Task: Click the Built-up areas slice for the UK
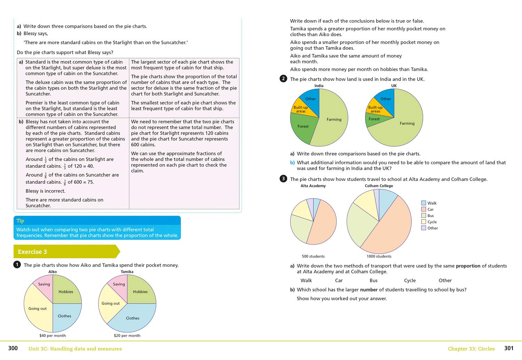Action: coord(375,109)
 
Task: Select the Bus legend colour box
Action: coord(424,216)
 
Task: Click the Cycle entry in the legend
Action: coord(432,222)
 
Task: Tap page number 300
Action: coord(13,348)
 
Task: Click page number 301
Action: coord(509,348)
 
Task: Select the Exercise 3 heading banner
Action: coord(66,251)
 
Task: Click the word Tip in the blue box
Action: coord(20,221)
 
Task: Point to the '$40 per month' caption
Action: coord(53,336)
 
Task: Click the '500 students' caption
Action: coord(313,256)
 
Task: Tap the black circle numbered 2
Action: coord(283,79)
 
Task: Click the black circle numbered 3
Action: coord(283,179)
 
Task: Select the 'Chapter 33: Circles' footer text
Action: coord(471,349)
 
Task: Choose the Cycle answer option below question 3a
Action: coord(410,280)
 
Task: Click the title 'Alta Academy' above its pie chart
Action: coord(313,186)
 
